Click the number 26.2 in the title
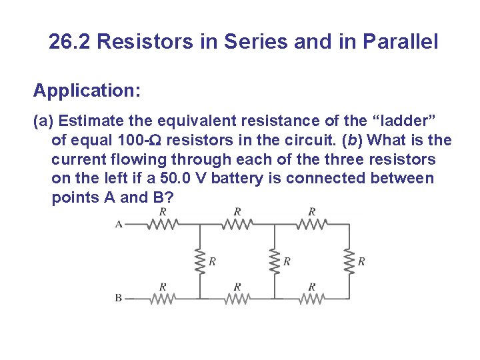(70, 43)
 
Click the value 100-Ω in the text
(141, 141)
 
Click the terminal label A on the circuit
(119, 225)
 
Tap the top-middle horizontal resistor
(237, 225)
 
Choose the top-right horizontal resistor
(311, 225)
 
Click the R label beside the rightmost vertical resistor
(361, 261)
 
